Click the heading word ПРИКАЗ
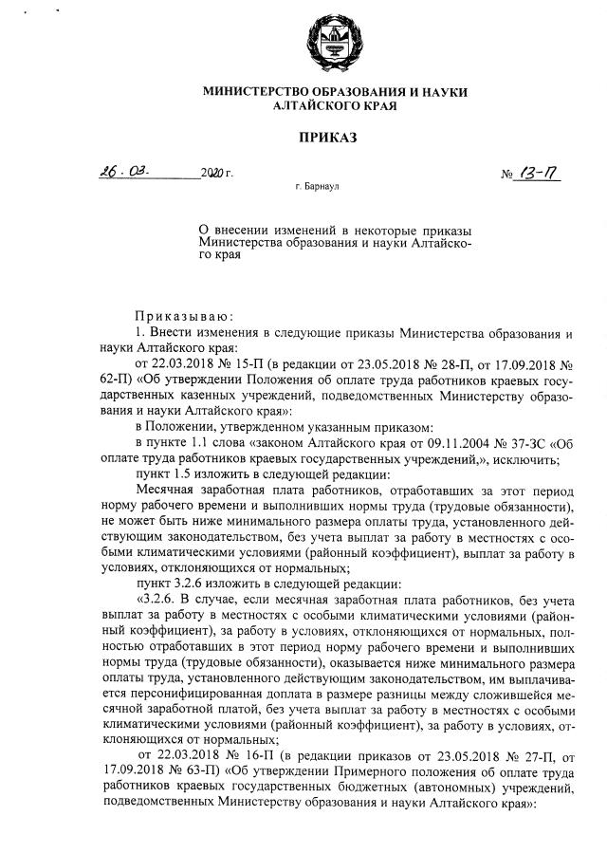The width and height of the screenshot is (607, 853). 327,139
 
